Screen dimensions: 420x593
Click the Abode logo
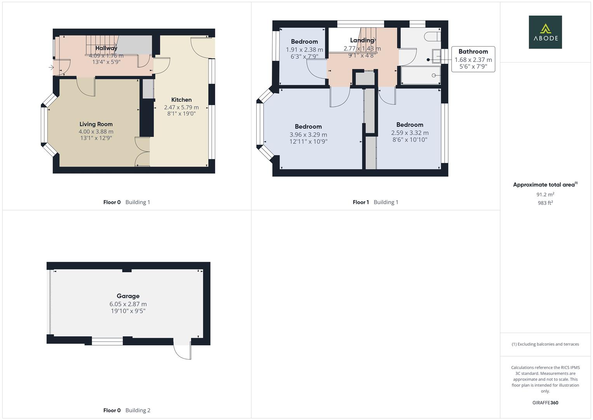(x=545, y=32)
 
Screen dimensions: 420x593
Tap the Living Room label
(x=96, y=124)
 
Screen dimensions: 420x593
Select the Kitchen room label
(x=181, y=100)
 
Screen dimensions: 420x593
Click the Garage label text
(x=128, y=296)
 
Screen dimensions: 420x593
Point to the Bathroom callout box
(x=473, y=59)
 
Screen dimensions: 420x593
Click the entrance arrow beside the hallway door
(x=51, y=68)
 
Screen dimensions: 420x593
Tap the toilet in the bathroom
(x=433, y=37)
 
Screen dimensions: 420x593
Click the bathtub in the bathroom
(x=421, y=75)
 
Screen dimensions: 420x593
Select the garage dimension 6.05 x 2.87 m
(x=128, y=304)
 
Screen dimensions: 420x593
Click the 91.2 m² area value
(x=545, y=194)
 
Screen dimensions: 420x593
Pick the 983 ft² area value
(x=545, y=203)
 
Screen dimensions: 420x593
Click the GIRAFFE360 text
(x=545, y=402)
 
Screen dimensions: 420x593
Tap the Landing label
(x=362, y=40)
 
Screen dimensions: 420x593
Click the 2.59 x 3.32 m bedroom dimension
(x=410, y=133)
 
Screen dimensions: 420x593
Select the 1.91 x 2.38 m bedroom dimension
(x=304, y=50)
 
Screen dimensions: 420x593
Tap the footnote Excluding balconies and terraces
(x=545, y=344)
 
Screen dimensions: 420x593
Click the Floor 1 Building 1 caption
(x=375, y=202)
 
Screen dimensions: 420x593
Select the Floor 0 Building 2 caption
(x=127, y=410)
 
